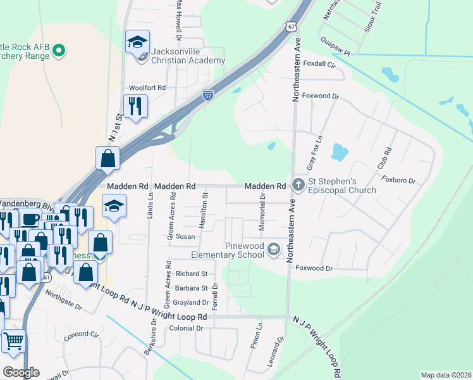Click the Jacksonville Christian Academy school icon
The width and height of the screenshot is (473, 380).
tap(137, 42)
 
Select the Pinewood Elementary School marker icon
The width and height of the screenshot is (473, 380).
tap(274, 249)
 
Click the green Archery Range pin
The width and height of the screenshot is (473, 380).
tap(59, 49)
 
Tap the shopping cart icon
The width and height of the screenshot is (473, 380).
tap(13, 341)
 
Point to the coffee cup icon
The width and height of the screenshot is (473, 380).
tap(30, 219)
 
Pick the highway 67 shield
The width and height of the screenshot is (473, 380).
tap(290, 27)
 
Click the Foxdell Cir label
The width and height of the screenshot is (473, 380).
tap(319, 64)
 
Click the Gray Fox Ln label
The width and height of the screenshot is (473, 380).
tap(314, 153)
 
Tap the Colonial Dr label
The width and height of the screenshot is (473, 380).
tap(186, 328)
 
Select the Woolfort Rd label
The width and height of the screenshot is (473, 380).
tap(147, 87)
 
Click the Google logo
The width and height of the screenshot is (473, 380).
tap(21, 372)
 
